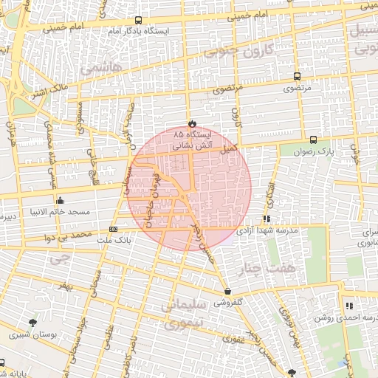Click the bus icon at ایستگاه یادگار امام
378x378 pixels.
click(139, 21)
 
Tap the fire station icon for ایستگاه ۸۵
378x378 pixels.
click(192, 123)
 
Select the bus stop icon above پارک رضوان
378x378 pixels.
click(314, 139)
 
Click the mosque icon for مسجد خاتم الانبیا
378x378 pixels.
click(60, 201)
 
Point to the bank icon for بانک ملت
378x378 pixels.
click(113, 229)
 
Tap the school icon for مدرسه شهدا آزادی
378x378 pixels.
click(267, 219)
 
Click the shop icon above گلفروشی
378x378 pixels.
click(227, 291)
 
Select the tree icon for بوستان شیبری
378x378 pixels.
click(32, 323)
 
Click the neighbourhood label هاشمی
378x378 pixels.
click(100, 67)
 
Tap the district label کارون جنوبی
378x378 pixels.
click(238, 50)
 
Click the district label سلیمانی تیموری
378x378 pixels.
click(179, 313)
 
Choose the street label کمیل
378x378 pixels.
click(229, 148)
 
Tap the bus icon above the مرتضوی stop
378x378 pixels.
click(297, 76)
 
